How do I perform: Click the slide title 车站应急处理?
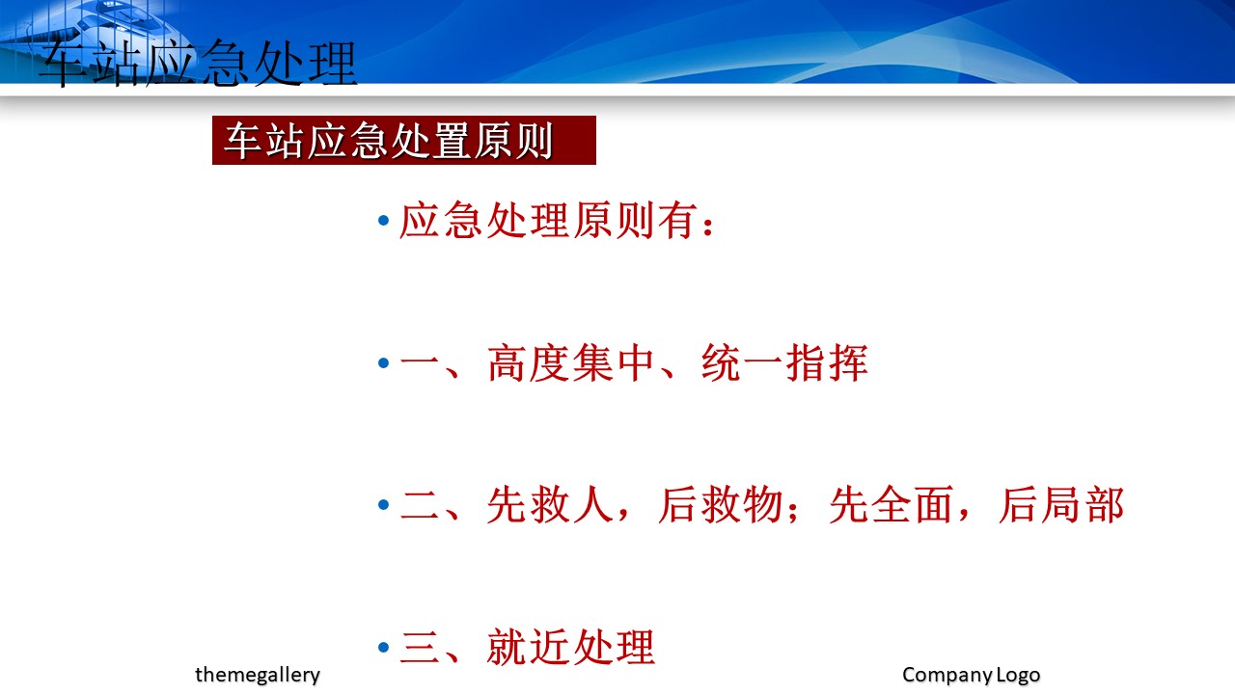198,64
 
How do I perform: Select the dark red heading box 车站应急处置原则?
404,140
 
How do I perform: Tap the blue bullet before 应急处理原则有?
384,221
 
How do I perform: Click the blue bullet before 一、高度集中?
384,363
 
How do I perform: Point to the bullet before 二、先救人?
384,504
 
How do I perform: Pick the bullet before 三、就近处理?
384,647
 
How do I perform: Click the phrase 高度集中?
570,363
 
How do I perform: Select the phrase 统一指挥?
784,363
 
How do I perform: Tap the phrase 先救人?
550,504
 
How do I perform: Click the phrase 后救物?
721,504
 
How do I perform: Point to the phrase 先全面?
892,504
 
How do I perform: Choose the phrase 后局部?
1061,504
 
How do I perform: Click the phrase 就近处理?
570,647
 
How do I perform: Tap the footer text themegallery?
258,675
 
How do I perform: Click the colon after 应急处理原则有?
708,227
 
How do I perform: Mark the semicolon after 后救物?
793,511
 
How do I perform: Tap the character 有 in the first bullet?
677,221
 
